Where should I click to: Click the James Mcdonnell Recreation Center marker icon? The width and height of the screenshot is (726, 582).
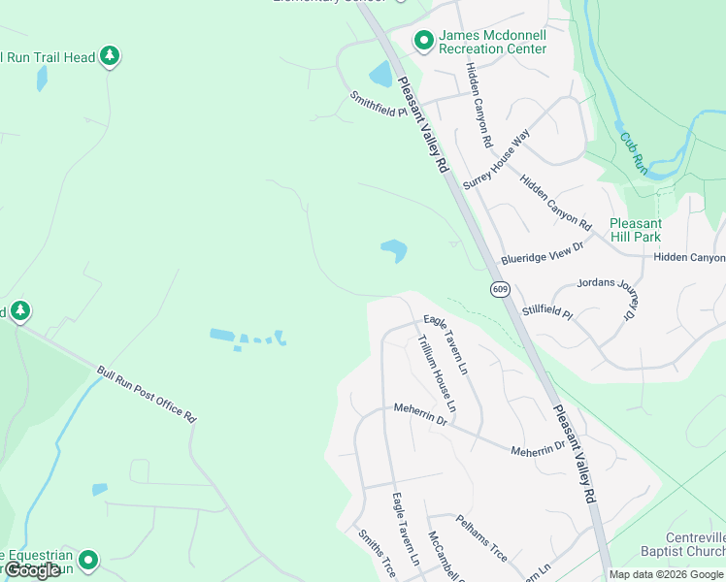(424, 41)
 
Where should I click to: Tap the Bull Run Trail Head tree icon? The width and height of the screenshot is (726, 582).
(111, 56)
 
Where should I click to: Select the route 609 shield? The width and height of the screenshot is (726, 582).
(499, 289)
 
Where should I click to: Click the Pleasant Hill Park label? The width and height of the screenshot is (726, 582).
(635, 230)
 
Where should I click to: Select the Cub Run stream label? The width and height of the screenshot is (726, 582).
(633, 148)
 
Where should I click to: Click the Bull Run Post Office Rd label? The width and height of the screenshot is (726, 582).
(147, 393)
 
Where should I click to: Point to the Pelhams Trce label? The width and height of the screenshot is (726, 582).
(481, 537)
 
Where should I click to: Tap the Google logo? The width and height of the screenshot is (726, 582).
(32, 570)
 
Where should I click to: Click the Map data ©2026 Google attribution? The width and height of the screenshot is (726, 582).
(666, 574)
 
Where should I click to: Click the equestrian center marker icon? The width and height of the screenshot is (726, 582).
(89, 560)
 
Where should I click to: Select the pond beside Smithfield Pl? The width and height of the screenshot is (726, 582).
(380, 74)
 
